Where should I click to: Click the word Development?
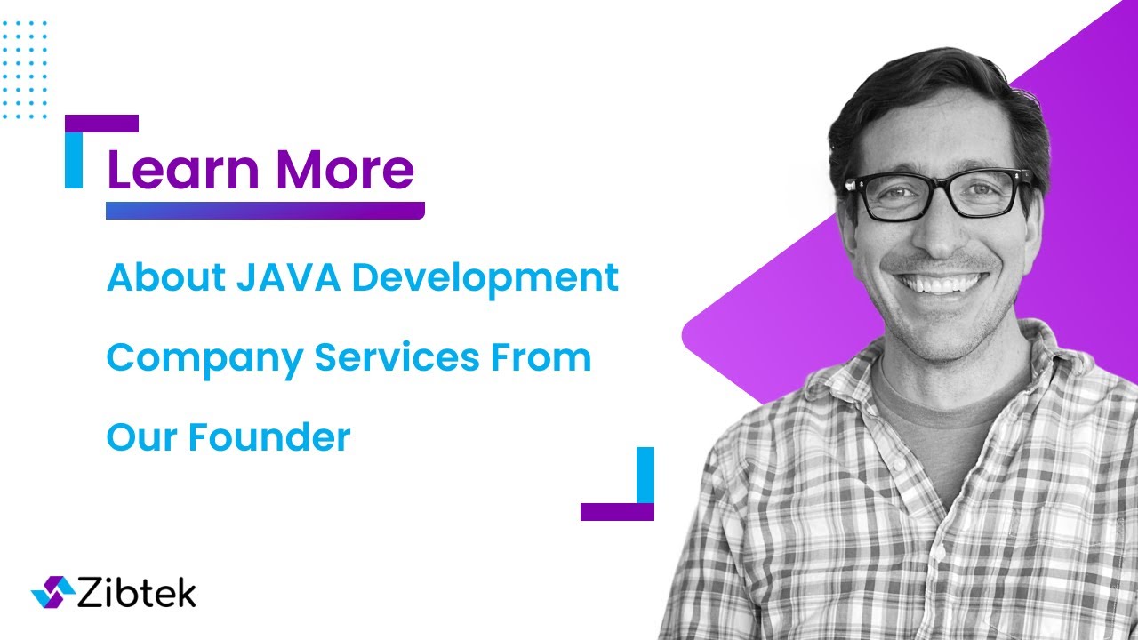tap(485, 279)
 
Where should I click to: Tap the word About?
tap(166, 278)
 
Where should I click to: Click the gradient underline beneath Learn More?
tap(265, 211)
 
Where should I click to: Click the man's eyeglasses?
tap(940, 194)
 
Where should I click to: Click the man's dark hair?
tap(925, 98)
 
